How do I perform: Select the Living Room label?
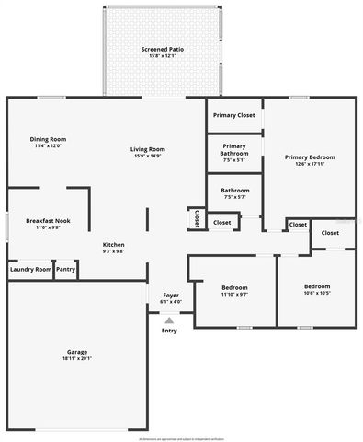146,148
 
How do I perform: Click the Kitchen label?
113,244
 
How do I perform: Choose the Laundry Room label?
29,270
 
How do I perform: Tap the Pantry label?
64,270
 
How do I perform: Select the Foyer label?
171,295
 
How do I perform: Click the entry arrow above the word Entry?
169,320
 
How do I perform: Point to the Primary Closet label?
233,115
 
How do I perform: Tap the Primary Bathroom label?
233,148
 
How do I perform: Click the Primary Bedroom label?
309,157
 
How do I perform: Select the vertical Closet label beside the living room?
196,218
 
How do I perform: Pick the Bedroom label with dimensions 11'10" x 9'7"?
234,288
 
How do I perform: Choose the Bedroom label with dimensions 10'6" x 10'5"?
317,286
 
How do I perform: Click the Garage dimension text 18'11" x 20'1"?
77,358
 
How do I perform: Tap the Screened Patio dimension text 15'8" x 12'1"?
160,55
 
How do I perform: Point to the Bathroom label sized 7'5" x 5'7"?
234,192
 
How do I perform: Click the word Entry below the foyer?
169,331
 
